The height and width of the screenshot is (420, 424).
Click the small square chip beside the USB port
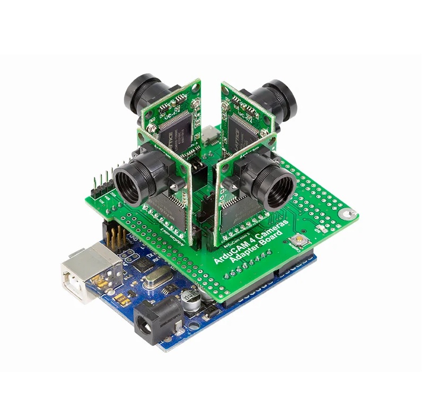(140, 264)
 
